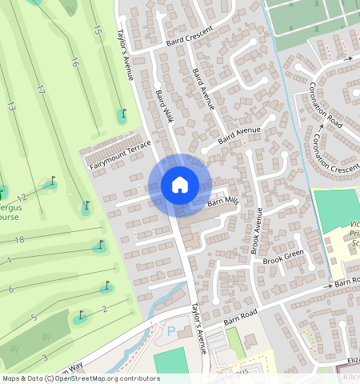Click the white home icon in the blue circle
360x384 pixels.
tap(180, 185)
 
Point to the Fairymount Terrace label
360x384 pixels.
tap(120, 154)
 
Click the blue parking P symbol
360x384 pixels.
tap(170, 331)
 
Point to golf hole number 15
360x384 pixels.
tap(98, 30)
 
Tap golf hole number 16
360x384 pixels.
tap(74, 62)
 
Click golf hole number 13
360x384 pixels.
tap(11, 106)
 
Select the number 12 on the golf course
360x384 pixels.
tap(23, 198)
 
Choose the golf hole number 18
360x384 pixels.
tap(20, 239)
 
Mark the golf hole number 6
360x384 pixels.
tap(11, 289)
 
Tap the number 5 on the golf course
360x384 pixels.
tap(34, 318)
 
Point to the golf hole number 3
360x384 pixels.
tap(45, 357)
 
